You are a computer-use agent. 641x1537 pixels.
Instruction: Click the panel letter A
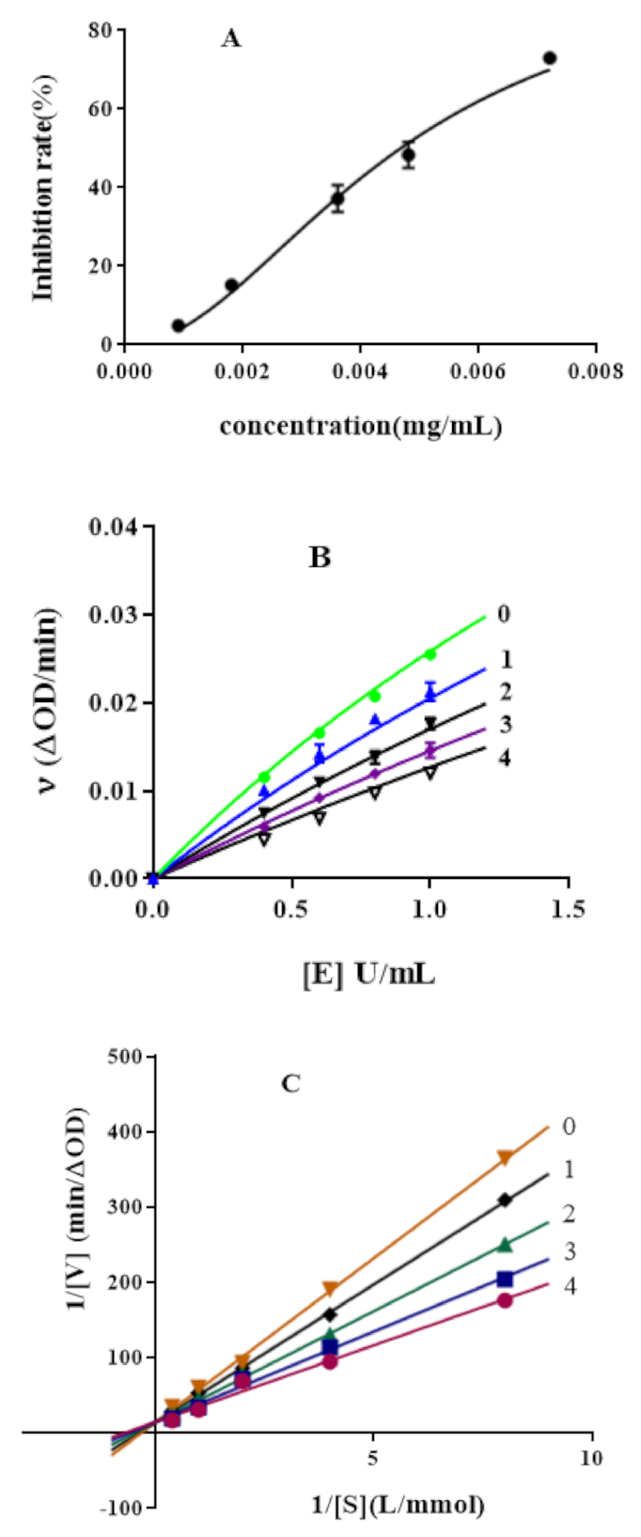230,39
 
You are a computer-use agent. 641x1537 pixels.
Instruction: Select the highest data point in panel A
550,58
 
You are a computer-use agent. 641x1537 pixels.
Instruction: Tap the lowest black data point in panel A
179,326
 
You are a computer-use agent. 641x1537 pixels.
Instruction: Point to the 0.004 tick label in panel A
360,371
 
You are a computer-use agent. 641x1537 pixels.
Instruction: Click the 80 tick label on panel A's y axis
101,30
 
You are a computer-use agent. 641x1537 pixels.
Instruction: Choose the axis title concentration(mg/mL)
360,426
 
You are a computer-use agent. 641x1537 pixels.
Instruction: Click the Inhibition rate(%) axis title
43,188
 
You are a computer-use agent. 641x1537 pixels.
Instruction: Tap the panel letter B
320,557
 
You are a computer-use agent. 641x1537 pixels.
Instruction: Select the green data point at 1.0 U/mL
430,653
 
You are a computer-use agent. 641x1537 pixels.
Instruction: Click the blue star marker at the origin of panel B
153,879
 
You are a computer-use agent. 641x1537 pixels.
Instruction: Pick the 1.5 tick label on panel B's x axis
568,908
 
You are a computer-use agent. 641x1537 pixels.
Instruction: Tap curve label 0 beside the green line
504,614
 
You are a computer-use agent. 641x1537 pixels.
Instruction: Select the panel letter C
290,1084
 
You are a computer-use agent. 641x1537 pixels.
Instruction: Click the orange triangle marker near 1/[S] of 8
505,1157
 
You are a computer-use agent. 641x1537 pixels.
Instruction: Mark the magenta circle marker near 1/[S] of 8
505,1300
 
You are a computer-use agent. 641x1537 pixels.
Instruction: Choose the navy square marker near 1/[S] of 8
505,1278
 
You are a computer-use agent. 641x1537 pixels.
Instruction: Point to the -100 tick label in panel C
124,1508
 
